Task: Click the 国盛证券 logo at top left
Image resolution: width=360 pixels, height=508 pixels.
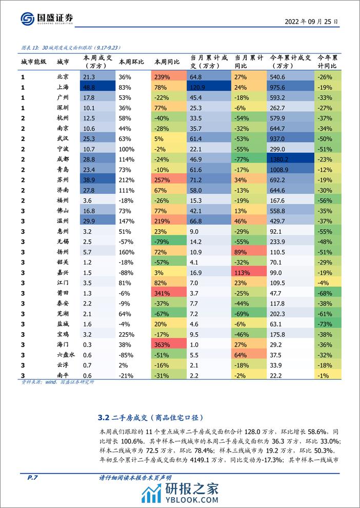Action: [x=46, y=19]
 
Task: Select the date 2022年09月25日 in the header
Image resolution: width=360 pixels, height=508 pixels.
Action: [x=312, y=21]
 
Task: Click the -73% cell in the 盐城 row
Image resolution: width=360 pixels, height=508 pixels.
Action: [x=326, y=324]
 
